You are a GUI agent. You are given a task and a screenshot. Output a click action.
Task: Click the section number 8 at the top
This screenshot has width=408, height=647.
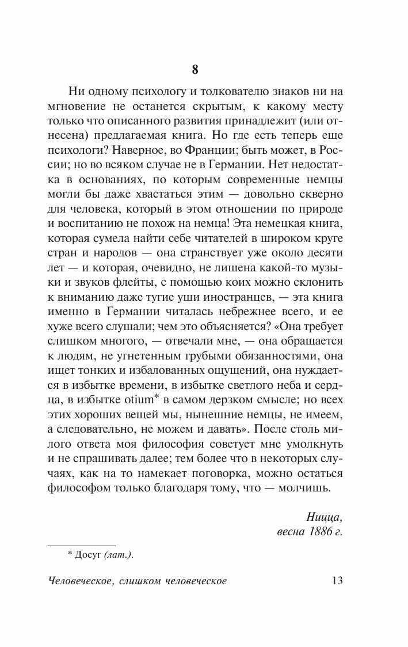(x=195, y=70)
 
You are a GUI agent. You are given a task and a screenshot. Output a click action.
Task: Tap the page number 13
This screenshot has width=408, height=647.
(x=337, y=580)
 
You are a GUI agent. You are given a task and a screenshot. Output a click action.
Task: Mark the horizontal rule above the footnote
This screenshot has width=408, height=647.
(x=81, y=544)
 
